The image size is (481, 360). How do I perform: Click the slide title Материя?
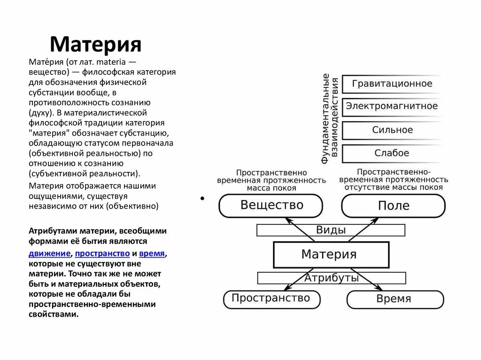click(95, 44)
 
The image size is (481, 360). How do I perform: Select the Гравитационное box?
click(392, 84)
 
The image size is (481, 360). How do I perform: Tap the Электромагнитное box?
click(392, 107)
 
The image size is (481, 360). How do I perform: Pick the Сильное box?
click(392, 130)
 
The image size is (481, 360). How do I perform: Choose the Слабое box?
click(392, 153)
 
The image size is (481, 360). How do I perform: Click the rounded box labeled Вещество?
click(271, 206)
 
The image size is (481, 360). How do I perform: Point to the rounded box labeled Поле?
click(393, 206)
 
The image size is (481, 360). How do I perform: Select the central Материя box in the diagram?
click(331, 254)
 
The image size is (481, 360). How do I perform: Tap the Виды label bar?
click(331, 230)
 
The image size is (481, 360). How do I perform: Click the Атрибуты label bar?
click(331, 277)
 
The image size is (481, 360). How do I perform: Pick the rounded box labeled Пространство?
click(272, 299)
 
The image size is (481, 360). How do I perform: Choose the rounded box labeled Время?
click(394, 299)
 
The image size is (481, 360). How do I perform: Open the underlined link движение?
click(49, 253)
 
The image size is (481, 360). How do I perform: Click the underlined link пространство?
click(102, 253)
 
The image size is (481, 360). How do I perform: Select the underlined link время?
click(152, 253)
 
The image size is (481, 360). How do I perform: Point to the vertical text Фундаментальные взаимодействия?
click(330, 118)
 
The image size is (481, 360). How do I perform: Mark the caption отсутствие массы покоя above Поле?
click(394, 187)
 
